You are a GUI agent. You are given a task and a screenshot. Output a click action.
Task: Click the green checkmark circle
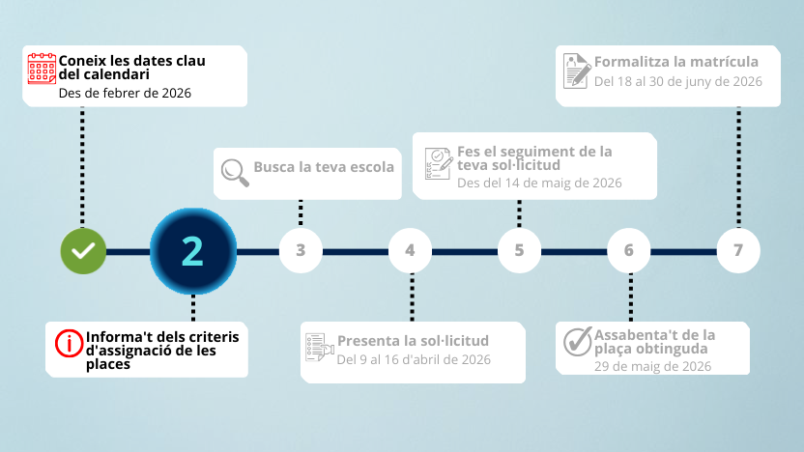point(83,251)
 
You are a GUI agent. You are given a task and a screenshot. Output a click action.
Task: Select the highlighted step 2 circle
point(193,251)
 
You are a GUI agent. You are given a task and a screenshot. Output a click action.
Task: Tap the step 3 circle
point(301,250)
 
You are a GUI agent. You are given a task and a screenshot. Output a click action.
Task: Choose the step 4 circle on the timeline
point(410,250)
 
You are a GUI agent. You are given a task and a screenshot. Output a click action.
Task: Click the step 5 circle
point(519,250)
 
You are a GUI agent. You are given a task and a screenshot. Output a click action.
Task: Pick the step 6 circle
point(629,250)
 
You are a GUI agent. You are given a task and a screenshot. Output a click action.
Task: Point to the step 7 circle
point(738,250)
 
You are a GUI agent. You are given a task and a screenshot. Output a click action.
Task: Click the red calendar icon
point(42,69)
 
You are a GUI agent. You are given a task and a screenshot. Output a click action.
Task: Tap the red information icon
point(69,343)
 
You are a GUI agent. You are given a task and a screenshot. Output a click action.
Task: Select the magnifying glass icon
point(235,172)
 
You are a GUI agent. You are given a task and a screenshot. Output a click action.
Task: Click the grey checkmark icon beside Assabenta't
point(578,341)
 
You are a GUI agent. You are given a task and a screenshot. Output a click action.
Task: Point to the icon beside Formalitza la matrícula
point(577,71)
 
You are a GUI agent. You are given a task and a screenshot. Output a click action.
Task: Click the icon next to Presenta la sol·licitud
point(320,347)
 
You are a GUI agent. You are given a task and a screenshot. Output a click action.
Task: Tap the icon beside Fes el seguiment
point(439,163)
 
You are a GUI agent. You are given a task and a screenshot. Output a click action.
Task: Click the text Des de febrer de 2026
point(125,94)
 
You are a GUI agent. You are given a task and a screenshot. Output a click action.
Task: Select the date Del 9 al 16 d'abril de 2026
point(414,359)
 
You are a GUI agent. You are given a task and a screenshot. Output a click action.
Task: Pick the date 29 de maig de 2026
point(652,366)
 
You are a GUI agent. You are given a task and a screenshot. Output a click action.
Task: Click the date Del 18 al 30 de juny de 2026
point(677,81)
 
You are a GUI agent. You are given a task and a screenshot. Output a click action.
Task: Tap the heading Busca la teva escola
point(324,167)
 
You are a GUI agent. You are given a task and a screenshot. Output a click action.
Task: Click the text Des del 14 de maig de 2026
point(539,183)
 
